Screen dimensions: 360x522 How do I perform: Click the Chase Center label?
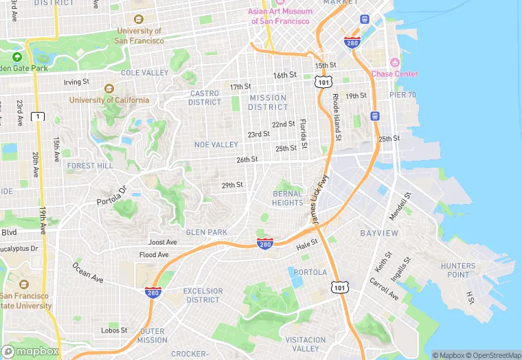(394, 74)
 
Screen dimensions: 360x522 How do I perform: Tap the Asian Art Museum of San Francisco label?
(280, 16)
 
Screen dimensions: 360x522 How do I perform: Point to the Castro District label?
(205, 98)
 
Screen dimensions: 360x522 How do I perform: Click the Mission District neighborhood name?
(268, 102)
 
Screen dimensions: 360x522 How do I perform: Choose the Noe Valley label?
(216, 145)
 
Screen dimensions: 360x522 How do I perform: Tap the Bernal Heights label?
(287, 198)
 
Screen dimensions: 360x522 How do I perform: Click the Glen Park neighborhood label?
(206, 232)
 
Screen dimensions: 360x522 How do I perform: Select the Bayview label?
(379, 234)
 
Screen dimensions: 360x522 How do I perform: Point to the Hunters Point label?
(457, 270)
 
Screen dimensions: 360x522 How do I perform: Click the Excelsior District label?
(203, 295)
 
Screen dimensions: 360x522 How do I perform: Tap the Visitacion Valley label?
(306, 344)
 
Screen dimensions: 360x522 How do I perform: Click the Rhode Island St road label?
(337, 117)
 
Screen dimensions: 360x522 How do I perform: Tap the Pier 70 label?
(402, 95)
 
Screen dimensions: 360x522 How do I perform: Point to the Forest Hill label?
(90, 166)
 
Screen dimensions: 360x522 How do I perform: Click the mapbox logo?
(30, 351)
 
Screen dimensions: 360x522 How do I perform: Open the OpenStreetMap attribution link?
(492, 355)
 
